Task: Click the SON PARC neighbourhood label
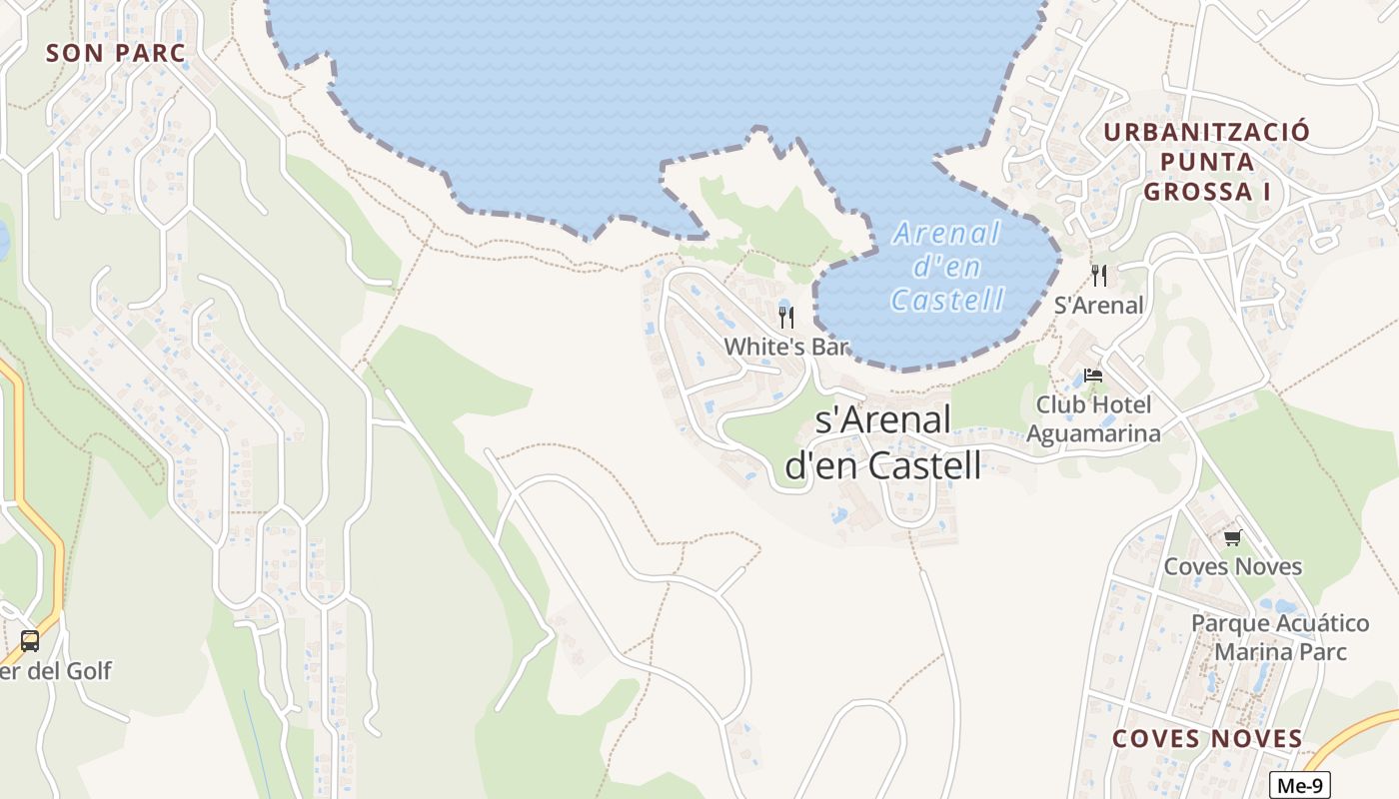[116, 53]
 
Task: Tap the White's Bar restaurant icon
[786, 318]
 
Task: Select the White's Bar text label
[786, 347]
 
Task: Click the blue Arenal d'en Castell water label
[946, 267]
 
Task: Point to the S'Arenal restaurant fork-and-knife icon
[1099, 276]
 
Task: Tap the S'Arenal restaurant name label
[1099, 306]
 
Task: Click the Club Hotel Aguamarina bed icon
[1093, 377]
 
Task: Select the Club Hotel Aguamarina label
[1093, 418]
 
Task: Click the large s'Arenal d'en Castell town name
[883, 442]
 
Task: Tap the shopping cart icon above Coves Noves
[1232, 538]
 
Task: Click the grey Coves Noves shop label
[1232, 566]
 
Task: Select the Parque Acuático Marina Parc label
[1279, 637]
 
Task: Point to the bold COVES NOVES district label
[1207, 739]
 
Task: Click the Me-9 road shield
[1299, 785]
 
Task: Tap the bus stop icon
[30, 640]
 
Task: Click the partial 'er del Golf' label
[55, 671]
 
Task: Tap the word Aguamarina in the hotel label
[1093, 433]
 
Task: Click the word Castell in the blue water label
[946, 300]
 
